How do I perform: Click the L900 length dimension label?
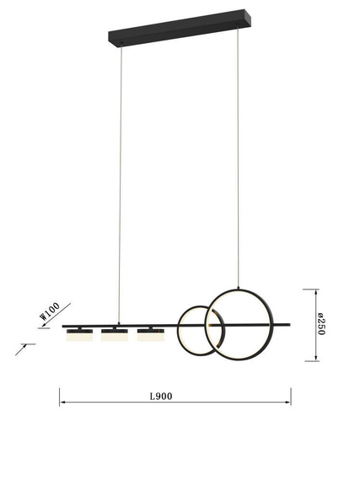click(x=161, y=397)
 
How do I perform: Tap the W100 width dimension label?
click(x=50, y=311)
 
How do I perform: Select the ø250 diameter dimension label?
click(x=320, y=324)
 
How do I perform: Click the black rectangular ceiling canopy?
click(x=180, y=27)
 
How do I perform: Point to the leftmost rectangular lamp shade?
click(x=79, y=335)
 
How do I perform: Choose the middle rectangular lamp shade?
click(x=115, y=335)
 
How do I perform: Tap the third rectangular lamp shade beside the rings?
click(x=150, y=335)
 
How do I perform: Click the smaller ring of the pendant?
click(x=179, y=331)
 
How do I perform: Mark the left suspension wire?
click(x=120, y=184)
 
